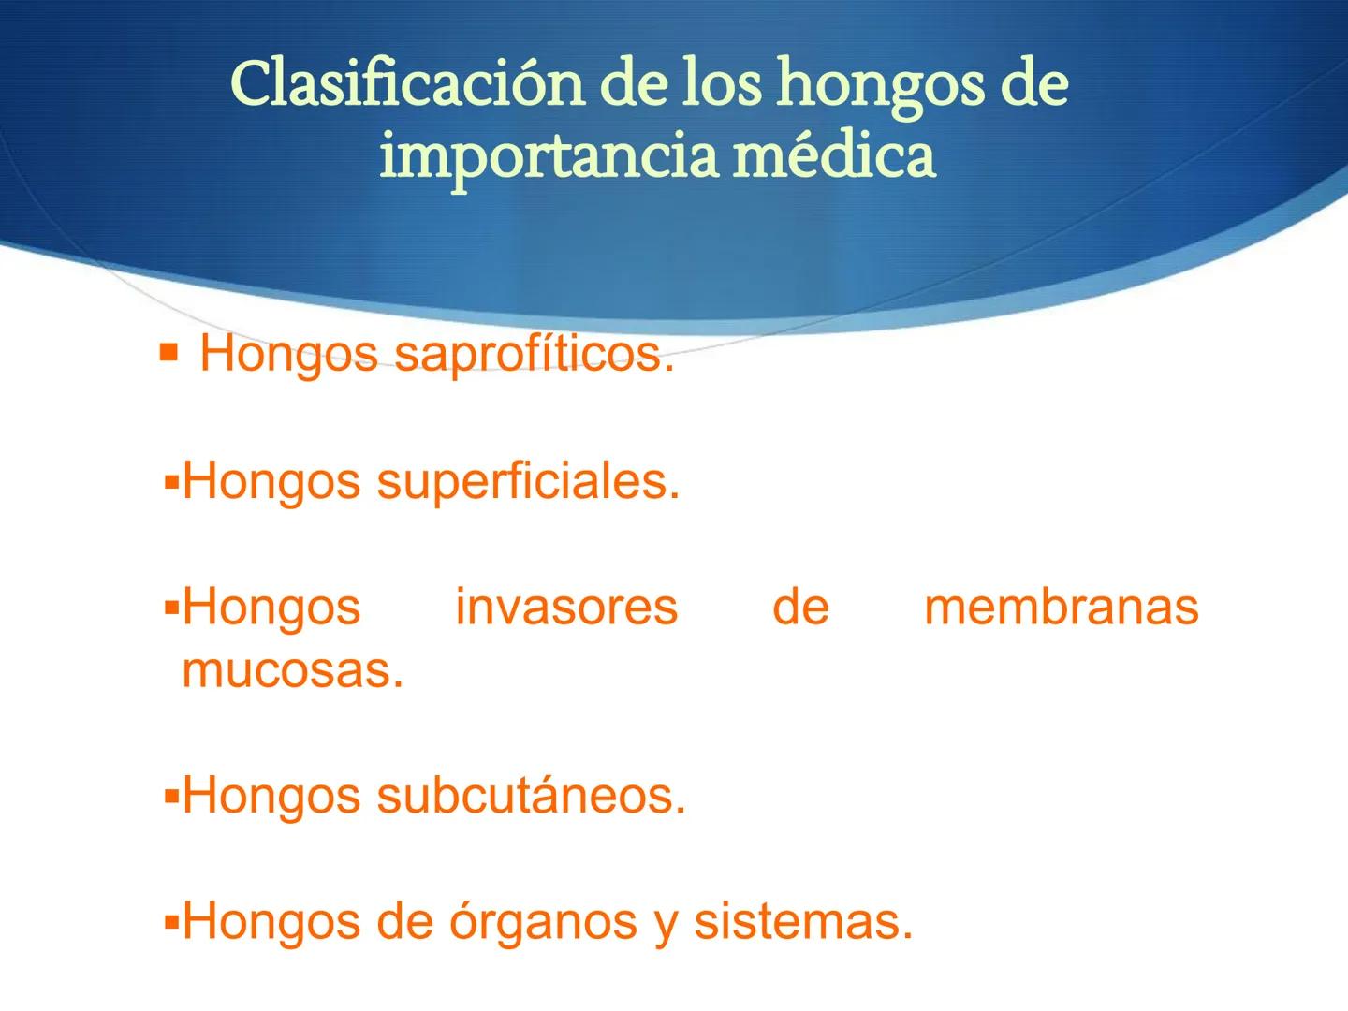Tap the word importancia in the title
[x=548, y=155]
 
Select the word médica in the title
[x=833, y=155]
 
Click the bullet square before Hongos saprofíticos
[x=168, y=353]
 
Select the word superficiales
[x=528, y=482]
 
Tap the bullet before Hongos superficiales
[x=170, y=484]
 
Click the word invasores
[x=566, y=607]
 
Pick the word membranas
[x=1061, y=607]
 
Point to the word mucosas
[x=292, y=670]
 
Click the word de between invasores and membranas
[x=800, y=607]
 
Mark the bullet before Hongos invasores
[x=170, y=608]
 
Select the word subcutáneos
[x=531, y=796]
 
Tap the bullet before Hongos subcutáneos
[x=170, y=798]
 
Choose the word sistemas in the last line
[x=802, y=922]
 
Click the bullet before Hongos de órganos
[x=170, y=923]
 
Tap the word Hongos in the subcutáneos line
[x=271, y=796]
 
